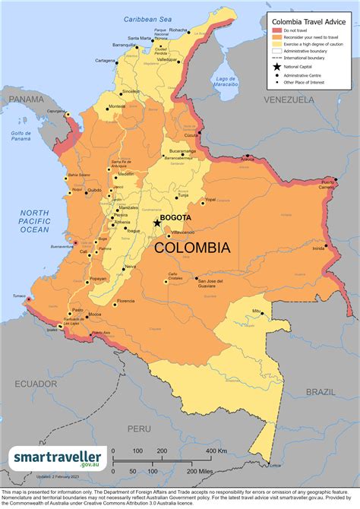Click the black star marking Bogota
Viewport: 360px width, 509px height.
[157, 223]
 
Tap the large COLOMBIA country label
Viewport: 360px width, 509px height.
[192, 248]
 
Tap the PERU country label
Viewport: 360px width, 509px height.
[138, 428]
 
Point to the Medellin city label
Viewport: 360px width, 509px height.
[125, 174]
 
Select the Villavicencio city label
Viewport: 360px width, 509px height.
[183, 231]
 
